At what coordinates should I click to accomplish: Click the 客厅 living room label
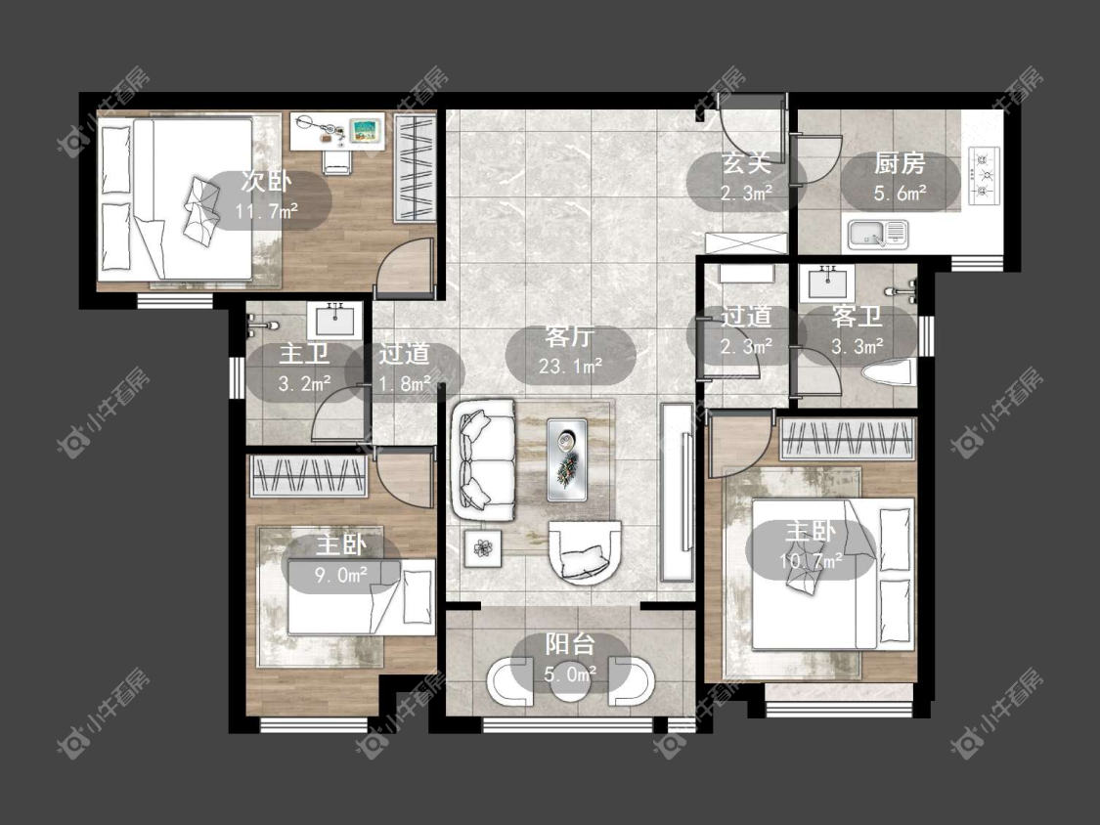pyautogui.click(x=569, y=336)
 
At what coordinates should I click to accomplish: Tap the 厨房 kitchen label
pyautogui.click(x=900, y=163)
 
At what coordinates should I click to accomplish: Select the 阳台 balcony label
pyautogui.click(x=570, y=644)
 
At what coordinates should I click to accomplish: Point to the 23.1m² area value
pyautogui.click(x=570, y=367)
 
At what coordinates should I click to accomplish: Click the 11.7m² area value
pyautogui.click(x=267, y=210)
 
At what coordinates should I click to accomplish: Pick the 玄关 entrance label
pyautogui.click(x=746, y=163)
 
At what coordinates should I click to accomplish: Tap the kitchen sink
pyautogui.click(x=878, y=234)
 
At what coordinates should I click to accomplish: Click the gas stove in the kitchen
pyautogui.click(x=984, y=175)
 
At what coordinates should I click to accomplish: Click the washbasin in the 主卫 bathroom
pyautogui.click(x=334, y=321)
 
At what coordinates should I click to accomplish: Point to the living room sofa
pyautogui.click(x=484, y=460)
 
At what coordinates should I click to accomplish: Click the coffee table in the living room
pyautogui.click(x=567, y=459)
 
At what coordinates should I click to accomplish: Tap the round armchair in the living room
pyautogui.click(x=585, y=553)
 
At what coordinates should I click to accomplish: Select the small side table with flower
pyautogui.click(x=483, y=548)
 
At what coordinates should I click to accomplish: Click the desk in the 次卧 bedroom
pyautogui.click(x=337, y=130)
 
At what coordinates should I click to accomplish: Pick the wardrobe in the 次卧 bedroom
pyautogui.click(x=414, y=168)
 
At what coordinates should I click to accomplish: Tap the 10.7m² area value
pyautogui.click(x=811, y=561)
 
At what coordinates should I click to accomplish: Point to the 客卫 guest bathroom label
pyautogui.click(x=857, y=317)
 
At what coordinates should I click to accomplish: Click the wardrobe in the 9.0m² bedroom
pyautogui.click(x=309, y=476)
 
